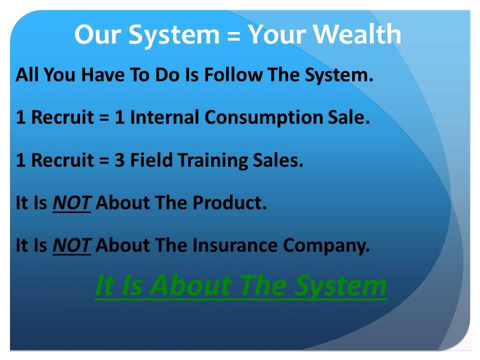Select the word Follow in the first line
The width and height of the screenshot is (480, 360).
pos(234,75)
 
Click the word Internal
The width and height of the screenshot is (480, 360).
pos(165,118)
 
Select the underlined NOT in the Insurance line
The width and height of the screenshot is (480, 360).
pos(71,246)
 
